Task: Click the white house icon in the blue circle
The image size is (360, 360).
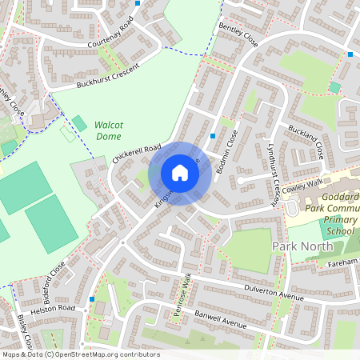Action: (x=180, y=173)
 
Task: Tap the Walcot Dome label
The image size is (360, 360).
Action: (x=108, y=130)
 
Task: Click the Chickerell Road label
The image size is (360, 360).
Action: (x=137, y=154)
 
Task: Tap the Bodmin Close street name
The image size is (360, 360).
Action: (x=231, y=150)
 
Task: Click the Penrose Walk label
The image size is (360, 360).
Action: (x=183, y=297)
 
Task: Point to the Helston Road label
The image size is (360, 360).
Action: (x=54, y=309)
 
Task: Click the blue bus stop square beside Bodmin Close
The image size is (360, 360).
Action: (x=212, y=136)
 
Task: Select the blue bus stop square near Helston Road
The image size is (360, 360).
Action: (x=92, y=298)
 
